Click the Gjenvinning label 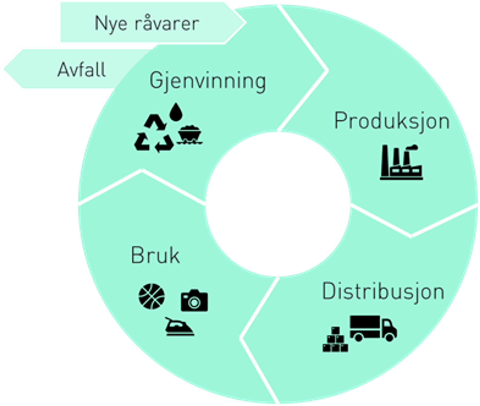(208, 81)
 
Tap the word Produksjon (392, 121)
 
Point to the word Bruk (155, 255)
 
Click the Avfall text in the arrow (82, 70)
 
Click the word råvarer (167, 23)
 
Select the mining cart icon (190, 134)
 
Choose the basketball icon (152, 296)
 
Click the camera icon (194, 300)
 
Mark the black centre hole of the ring (278, 204)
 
